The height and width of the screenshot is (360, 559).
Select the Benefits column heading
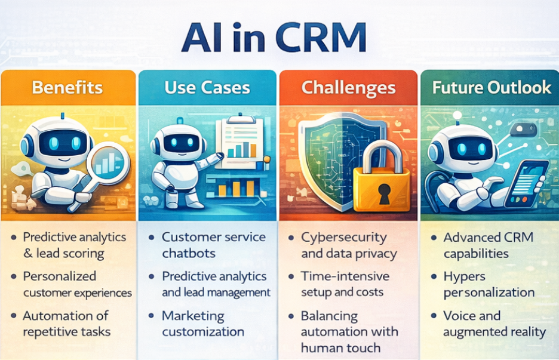[x=67, y=88]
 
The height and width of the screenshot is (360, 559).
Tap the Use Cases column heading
[x=207, y=88]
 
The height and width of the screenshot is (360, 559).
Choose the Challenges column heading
[x=348, y=88]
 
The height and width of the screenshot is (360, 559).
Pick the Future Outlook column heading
[x=491, y=88]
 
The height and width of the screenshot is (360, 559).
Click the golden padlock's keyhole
[x=383, y=192]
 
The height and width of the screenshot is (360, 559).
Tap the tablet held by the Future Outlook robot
[x=526, y=182]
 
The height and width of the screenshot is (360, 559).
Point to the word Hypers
[x=463, y=276]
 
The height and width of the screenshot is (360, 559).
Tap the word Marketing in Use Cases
[x=193, y=316]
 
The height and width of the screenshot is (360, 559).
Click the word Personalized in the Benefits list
[x=59, y=276]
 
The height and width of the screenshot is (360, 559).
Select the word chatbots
[x=189, y=254]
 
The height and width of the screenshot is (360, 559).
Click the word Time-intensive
[x=345, y=276]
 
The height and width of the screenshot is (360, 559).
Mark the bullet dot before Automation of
[x=13, y=316]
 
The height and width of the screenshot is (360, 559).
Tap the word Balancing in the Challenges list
[x=329, y=316]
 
